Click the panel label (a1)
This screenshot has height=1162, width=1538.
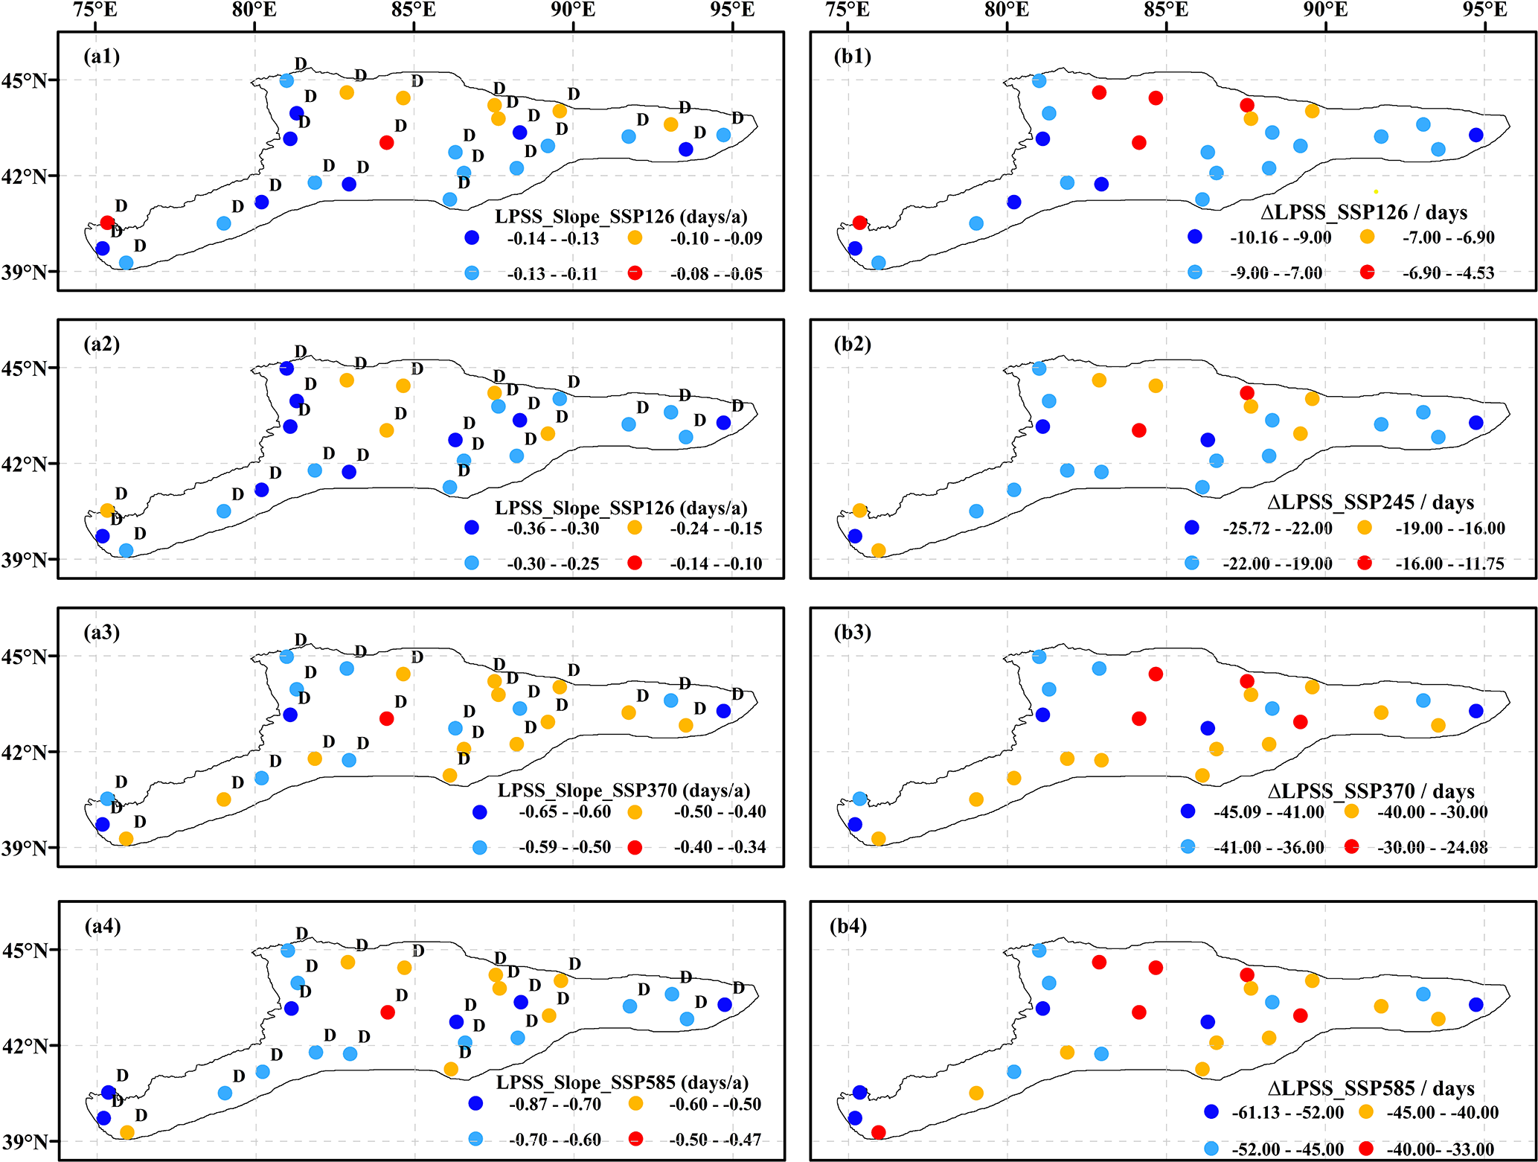102,57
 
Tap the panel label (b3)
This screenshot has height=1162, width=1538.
853,633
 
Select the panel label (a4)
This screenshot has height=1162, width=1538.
102,926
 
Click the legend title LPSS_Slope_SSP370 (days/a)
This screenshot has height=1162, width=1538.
624,791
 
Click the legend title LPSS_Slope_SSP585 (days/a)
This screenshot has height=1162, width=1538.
622,1082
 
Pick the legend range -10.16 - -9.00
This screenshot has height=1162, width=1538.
1281,238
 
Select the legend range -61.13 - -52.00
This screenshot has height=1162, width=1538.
1287,1113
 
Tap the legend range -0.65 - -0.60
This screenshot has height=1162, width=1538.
565,812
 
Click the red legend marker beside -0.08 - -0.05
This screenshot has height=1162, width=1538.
635,273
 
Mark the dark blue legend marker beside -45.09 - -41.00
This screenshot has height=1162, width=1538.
1188,811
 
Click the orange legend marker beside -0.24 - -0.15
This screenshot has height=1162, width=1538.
635,528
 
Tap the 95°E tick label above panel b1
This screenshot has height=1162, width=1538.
1484,10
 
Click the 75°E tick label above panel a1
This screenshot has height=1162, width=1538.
95,10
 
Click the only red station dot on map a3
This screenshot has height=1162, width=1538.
387,718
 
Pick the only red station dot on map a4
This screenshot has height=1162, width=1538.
388,1012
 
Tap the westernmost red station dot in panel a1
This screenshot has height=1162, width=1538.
107,223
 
